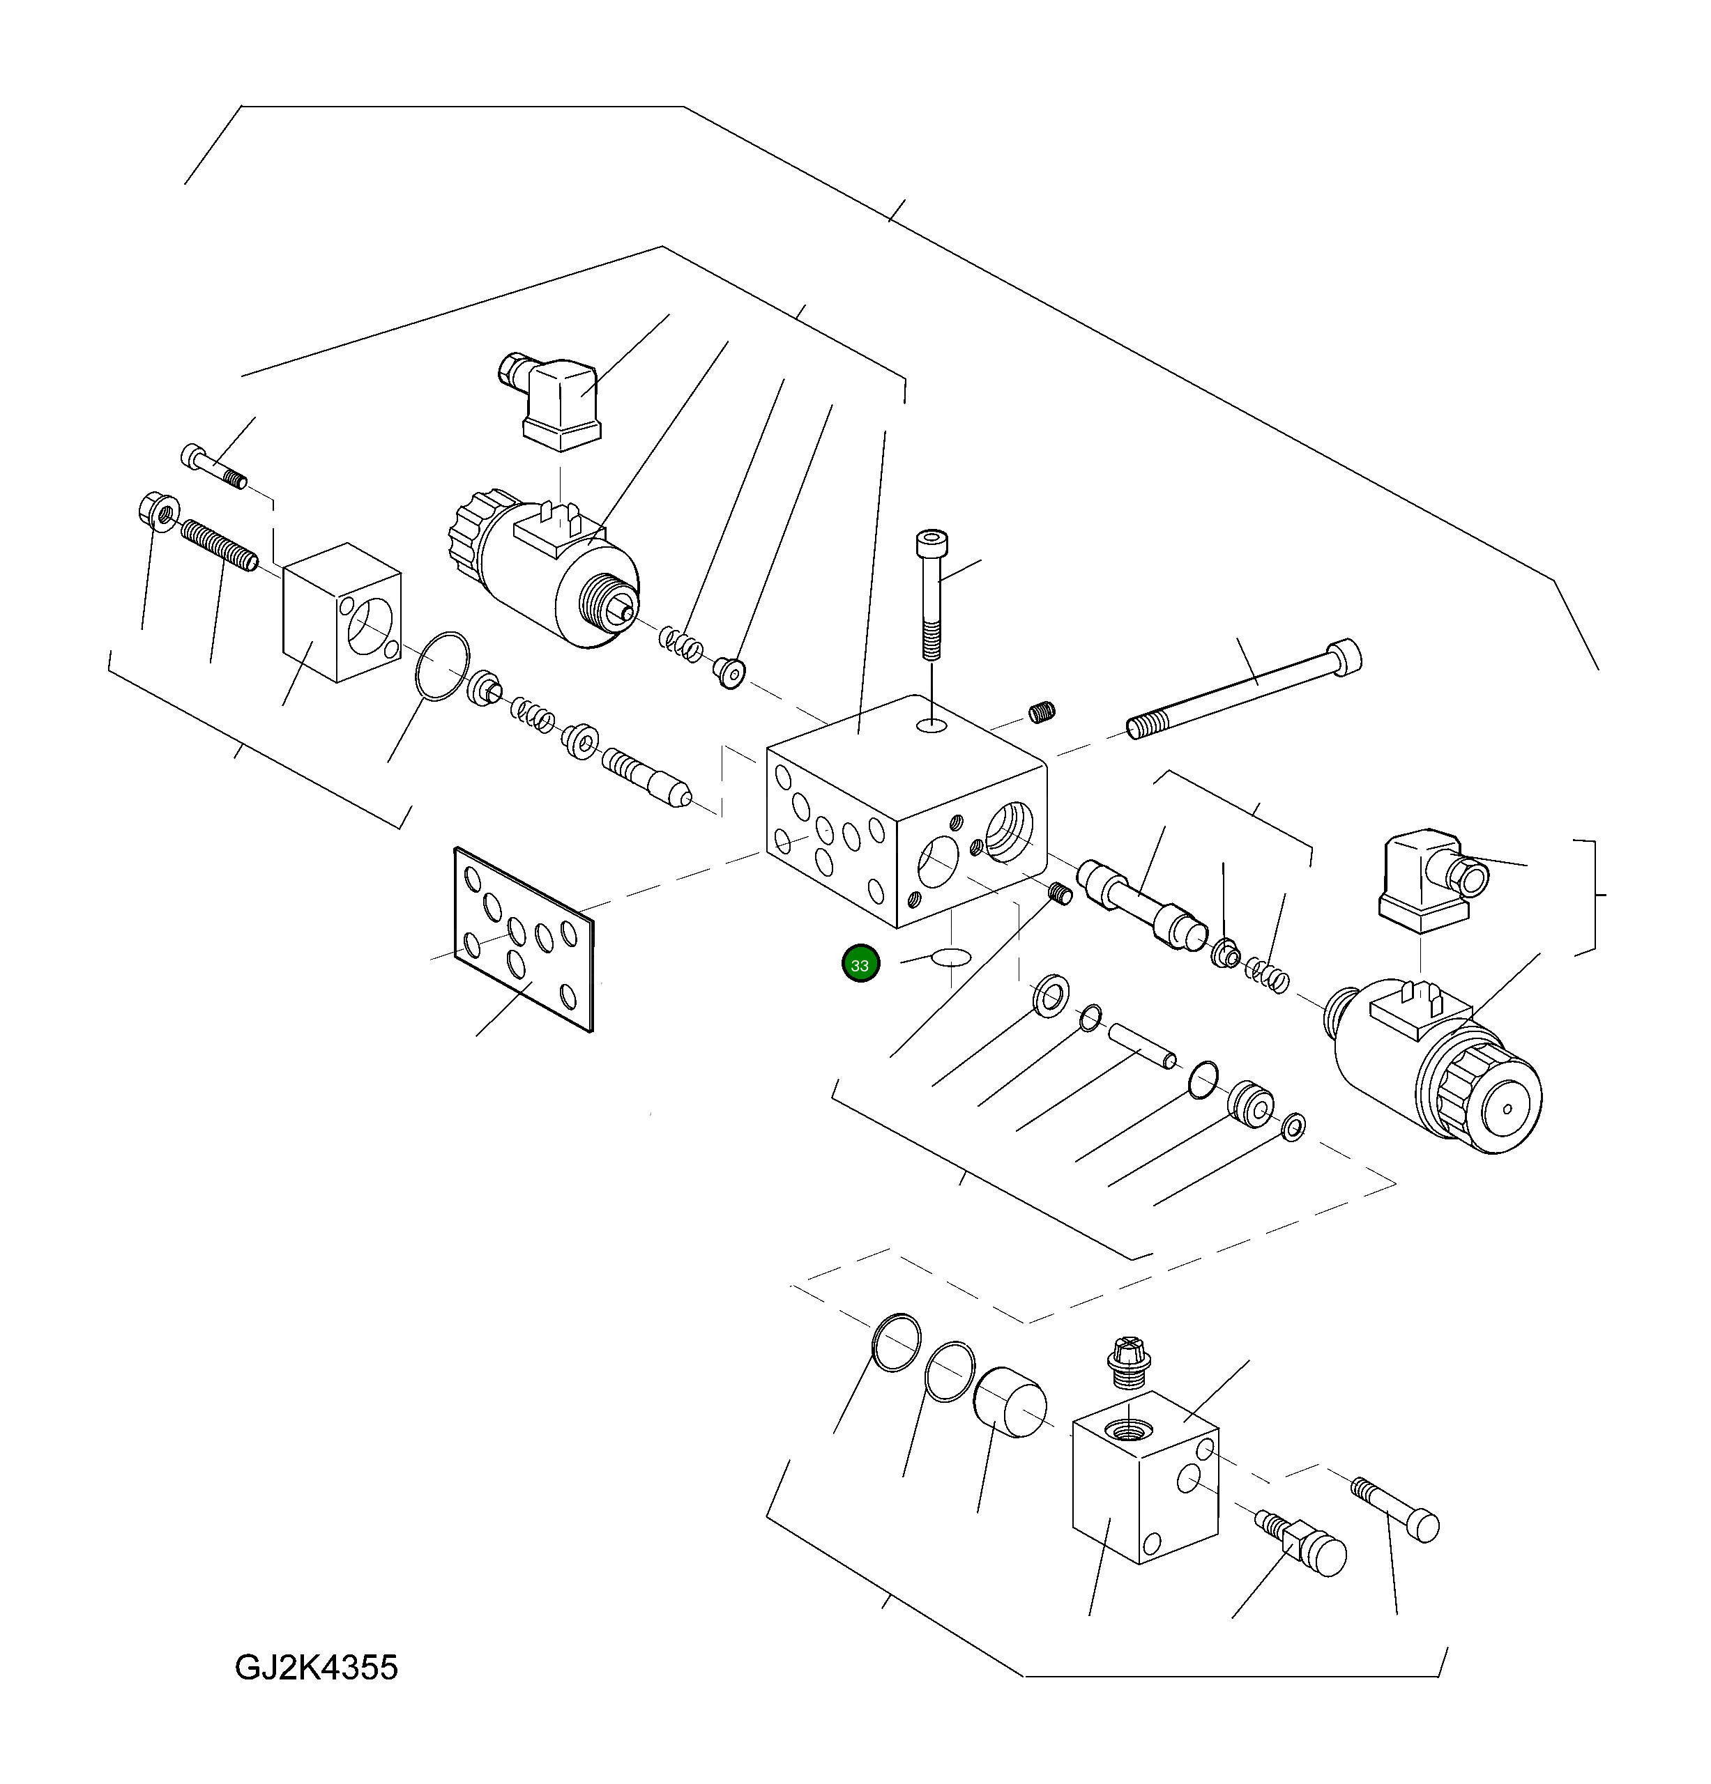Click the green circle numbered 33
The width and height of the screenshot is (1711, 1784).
click(x=860, y=964)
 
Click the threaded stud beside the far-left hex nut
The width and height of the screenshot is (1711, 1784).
click(x=218, y=544)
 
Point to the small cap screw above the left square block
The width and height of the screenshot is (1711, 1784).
click(x=212, y=466)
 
